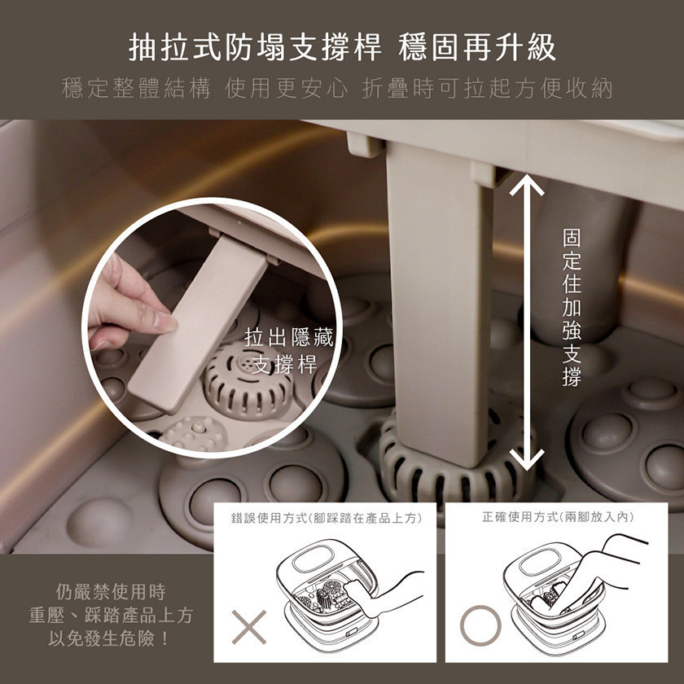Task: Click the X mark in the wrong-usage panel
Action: coord(248,627)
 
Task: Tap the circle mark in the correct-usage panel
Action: coord(480,625)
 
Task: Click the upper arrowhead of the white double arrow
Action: coord(527,186)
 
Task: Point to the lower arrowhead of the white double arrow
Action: coord(527,459)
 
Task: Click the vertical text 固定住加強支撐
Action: coord(572,308)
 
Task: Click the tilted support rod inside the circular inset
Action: coord(199,322)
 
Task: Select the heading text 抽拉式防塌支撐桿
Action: coord(255,47)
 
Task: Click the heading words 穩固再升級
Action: coord(477,47)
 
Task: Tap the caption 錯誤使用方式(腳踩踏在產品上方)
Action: coord(327,518)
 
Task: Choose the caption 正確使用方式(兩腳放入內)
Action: coord(558,517)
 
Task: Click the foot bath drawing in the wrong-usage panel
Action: coord(331,595)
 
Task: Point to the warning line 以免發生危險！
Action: coord(109,638)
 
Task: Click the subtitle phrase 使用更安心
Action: coord(286,89)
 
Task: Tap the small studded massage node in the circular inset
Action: coord(194,433)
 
